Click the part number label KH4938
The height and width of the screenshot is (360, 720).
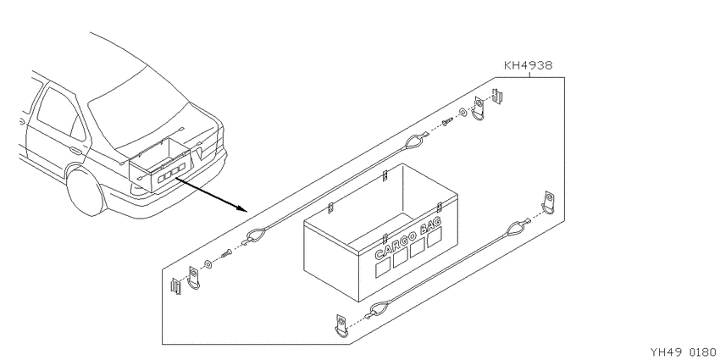[x=529, y=66]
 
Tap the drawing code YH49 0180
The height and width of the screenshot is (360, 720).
[x=684, y=352]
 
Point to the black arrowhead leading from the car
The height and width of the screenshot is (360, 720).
[x=242, y=209]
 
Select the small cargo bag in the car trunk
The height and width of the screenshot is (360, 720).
[x=159, y=163]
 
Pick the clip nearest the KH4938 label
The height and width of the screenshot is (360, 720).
[x=497, y=97]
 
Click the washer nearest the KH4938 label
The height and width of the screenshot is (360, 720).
[x=462, y=112]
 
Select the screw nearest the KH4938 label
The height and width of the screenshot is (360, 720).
[x=447, y=121]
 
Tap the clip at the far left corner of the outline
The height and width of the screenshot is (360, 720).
[x=176, y=286]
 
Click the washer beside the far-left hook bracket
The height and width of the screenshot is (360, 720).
[x=208, y=264]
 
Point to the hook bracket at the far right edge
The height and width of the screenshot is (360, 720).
[x=549, y=202]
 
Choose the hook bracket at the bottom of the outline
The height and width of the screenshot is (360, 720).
[x=341, y=325]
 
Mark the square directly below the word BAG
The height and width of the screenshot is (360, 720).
[x=435, y=237]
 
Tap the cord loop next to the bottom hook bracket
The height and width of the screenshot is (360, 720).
[x=378, y=309]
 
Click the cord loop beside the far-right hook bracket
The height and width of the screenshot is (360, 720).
[x=517, y=227]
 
